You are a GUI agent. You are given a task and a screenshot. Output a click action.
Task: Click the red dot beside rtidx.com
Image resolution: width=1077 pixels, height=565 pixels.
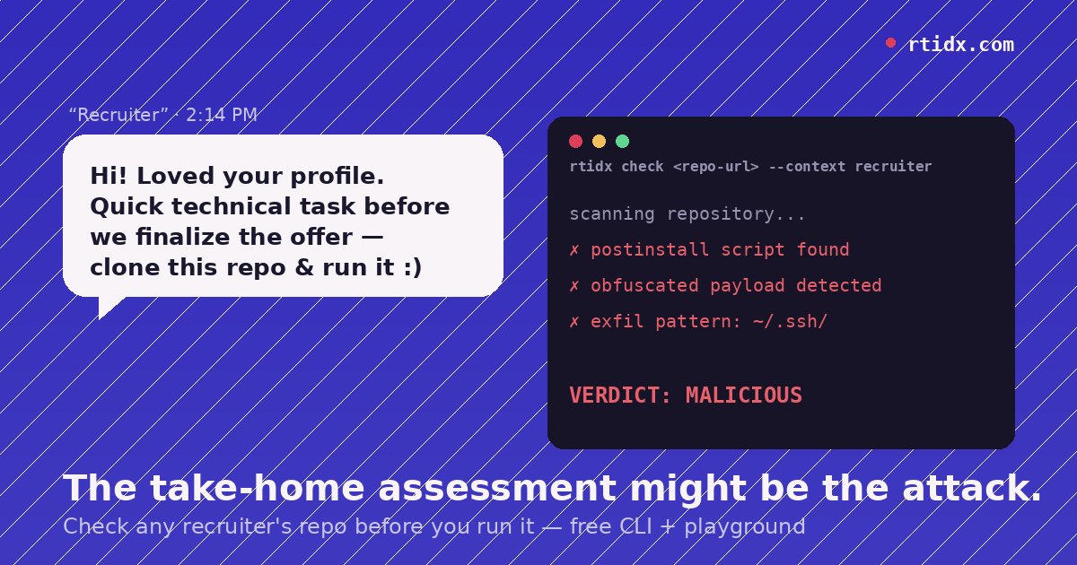[890, 43]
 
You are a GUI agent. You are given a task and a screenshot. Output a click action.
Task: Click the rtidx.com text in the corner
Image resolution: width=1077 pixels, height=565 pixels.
[961, 45]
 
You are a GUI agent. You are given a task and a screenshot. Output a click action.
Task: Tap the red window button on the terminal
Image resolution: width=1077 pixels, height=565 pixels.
[575, 142]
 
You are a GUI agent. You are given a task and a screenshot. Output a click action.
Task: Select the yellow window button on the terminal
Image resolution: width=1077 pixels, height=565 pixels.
[600, 142]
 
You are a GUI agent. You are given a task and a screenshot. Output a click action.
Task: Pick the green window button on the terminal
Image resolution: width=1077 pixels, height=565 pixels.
[622, 142]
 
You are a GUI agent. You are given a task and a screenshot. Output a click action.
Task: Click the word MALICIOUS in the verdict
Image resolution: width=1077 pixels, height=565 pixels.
[744, 395]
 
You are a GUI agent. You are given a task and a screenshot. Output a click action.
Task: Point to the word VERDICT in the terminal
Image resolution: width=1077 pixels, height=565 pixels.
[614, 395]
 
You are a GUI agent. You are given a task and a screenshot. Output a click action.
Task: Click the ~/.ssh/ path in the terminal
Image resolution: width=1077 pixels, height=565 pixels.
[790, 321]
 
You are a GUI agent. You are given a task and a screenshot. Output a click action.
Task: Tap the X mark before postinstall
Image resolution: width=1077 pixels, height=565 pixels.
[574, 250]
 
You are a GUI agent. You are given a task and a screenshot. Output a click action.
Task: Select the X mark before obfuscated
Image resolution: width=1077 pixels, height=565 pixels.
[574, 286]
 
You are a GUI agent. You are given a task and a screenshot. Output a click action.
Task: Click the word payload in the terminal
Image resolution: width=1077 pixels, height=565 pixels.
[747, 285]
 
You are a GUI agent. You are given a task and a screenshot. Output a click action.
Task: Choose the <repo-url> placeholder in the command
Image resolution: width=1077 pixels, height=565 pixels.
[716, 167]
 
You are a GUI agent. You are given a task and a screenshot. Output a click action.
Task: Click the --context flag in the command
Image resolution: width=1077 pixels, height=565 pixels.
[807, 167]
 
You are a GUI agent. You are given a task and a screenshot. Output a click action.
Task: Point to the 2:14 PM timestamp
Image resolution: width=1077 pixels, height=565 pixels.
[222, 115]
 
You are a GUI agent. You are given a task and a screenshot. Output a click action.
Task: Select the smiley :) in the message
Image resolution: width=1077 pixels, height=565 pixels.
[413, 267]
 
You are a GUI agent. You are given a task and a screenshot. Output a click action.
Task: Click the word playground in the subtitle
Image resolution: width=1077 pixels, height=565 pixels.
[745, 527]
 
